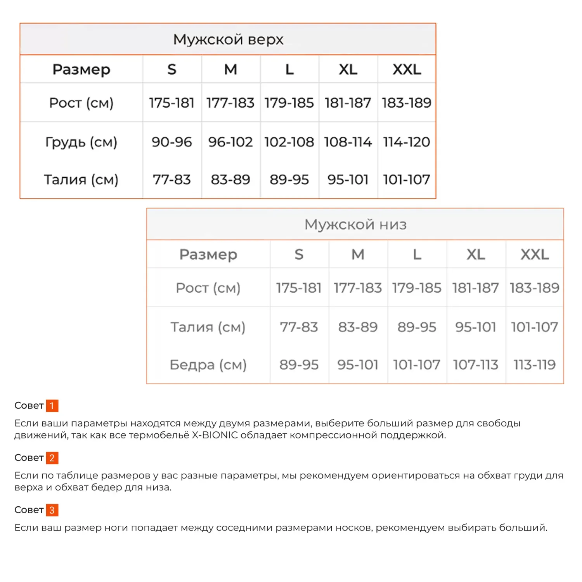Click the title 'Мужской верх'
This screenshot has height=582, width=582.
(x=228, y=39)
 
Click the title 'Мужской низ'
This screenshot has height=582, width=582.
(x=355, y=224)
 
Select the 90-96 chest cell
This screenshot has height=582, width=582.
(x=171, y=142)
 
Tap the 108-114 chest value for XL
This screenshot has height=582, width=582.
(x=348, y=142)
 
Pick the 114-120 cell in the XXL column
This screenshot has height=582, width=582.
(x=406, y=142)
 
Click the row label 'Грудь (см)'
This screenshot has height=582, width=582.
(x=81, y=142)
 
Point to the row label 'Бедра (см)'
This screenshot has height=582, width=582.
(x=208, y=365)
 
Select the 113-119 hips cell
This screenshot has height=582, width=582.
(x=534, y=365)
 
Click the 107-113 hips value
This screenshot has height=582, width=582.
(x=475, y=365)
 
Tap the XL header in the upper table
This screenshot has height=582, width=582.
(x=348, y=69)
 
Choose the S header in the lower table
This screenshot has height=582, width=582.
(x=299, y=255)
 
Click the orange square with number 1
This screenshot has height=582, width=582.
(x=52, y=406)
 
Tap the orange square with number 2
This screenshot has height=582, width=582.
(x=52, y=458)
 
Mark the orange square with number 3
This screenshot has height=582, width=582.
(x=52, y=510)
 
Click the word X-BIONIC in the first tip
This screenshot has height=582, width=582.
(x=215, y=435)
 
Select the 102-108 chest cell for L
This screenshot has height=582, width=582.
(x=289, y=142)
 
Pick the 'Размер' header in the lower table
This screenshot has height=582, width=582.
(x=208, y=255)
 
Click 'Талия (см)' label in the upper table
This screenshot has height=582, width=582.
(x=81, y=180)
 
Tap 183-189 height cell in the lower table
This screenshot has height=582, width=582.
(x=534, y=288)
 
